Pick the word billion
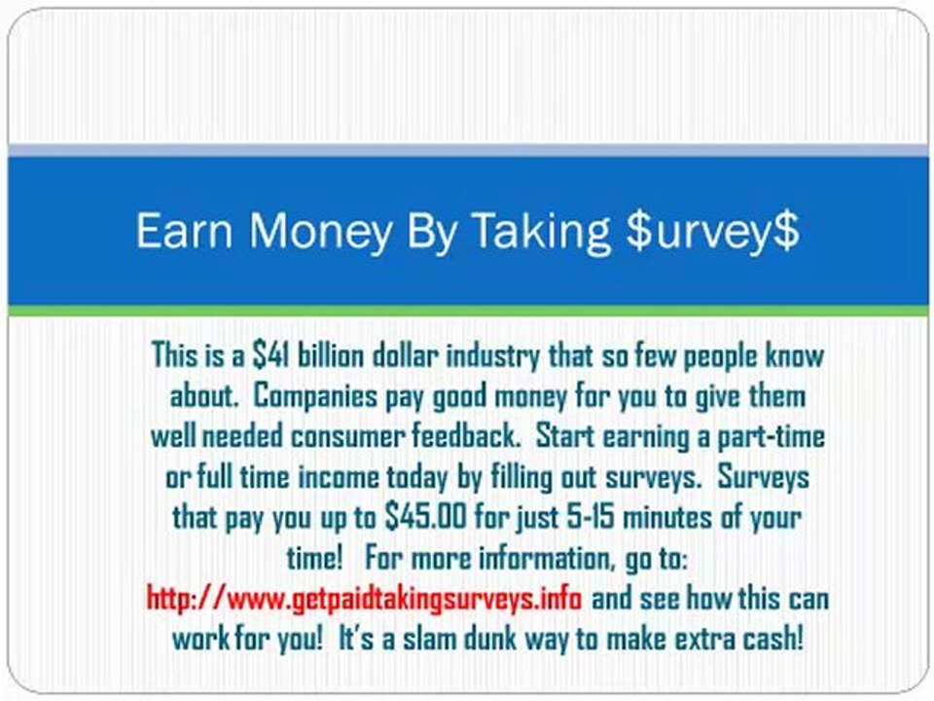click(331, 355)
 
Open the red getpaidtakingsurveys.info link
click(364, 598)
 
